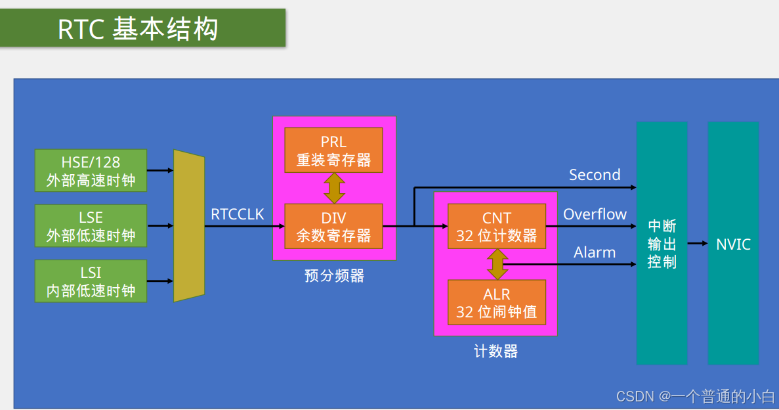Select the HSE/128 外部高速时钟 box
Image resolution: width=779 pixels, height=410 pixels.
[91, 171]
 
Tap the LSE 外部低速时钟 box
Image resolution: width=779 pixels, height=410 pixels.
[91, 226]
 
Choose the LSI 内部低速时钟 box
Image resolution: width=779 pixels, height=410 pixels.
[91, 281]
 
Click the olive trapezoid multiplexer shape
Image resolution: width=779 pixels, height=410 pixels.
[188, 226]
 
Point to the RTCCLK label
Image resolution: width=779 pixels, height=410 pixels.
[238, 214]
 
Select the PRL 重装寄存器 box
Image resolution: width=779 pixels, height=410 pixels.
[333, 150]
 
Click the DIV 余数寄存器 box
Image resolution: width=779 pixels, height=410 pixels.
[333, 226]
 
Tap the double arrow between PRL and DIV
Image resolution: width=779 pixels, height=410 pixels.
[334, 189]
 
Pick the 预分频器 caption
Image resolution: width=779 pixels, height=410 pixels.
[334, 276]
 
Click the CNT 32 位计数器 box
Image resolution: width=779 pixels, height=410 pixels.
[497, 226]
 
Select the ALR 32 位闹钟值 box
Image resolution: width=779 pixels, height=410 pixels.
[497, 302]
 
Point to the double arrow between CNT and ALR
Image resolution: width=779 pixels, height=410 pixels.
[497, 264]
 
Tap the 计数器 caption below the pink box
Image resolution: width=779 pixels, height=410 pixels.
[495, 352]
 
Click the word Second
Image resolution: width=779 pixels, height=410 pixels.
[595, 175]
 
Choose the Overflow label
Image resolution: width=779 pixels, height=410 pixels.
[595, 214]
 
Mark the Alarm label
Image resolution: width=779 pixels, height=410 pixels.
[595, 252]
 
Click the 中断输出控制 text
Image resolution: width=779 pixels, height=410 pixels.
[662, 244]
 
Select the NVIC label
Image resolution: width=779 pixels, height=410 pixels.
[733, 244]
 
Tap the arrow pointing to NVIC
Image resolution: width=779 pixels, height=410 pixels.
[698, 244]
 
